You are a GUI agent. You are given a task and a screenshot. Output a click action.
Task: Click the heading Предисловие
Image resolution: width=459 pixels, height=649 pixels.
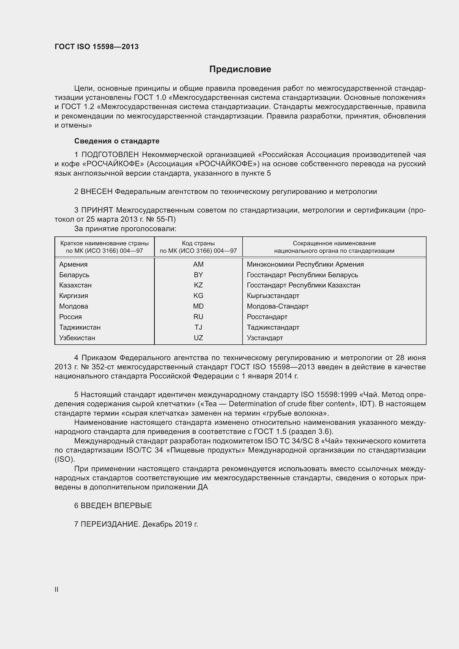[240, 69]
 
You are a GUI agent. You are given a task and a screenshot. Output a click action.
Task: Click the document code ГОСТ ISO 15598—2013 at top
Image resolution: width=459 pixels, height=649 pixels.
[97, 47]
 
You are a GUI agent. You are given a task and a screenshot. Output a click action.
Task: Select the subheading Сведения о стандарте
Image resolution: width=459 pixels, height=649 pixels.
[117, 141]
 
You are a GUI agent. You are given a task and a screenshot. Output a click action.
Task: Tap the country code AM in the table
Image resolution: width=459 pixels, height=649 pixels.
[198, 264]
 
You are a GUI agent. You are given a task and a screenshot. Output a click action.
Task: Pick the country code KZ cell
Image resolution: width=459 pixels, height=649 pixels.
[198, 285]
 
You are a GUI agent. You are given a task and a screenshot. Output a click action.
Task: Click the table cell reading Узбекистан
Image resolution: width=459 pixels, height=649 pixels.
[77, 338]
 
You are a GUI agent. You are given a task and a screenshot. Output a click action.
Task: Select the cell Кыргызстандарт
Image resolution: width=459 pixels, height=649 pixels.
[273, 296]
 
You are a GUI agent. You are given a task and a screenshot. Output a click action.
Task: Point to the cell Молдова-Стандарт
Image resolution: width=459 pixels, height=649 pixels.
[278, 306]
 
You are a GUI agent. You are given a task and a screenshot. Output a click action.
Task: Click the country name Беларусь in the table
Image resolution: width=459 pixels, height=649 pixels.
[74, 275]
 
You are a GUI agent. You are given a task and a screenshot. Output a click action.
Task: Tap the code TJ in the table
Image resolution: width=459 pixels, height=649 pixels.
[198, 327]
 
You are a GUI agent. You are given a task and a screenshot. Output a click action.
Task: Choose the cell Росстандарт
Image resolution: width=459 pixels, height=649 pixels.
[267, 317]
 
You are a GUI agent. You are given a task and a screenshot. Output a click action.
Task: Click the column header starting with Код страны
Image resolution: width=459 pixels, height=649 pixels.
[198, 247]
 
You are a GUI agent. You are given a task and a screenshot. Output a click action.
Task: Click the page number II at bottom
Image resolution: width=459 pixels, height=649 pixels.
[57, 589]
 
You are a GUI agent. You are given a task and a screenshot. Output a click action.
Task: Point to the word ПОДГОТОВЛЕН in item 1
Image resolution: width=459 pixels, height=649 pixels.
[110, 155]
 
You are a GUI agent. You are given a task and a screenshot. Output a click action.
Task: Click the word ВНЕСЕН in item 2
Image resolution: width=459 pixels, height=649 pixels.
[97, 192]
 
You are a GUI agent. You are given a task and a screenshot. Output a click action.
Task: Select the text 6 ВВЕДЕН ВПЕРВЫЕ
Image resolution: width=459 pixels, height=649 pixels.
[113, 505]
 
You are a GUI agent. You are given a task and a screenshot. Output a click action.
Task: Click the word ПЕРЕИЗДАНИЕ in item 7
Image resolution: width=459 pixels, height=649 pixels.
[110, 524]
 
